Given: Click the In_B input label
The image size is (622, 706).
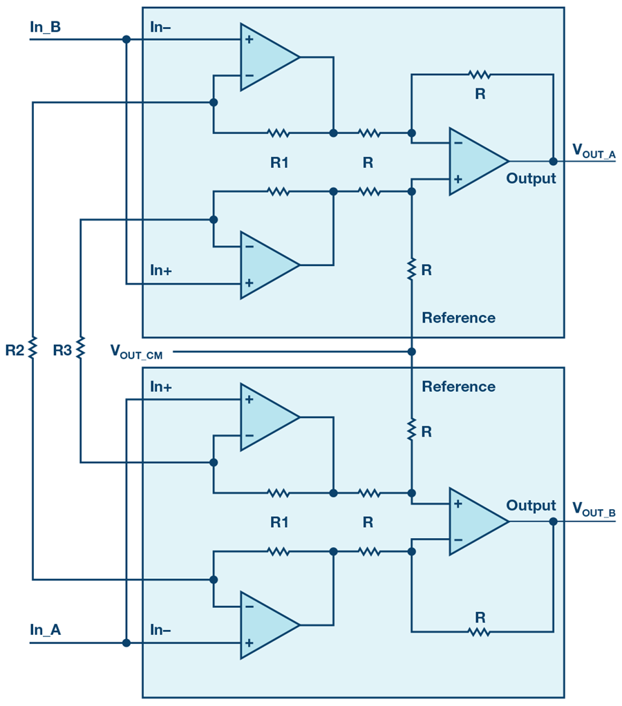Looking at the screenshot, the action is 45,27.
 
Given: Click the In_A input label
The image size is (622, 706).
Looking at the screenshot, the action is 45,629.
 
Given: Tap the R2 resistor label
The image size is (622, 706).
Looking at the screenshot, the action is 15,350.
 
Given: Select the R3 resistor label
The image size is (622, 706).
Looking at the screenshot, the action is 62,350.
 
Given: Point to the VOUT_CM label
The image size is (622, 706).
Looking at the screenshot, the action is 136,352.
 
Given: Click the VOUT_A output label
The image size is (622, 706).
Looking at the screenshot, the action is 594,151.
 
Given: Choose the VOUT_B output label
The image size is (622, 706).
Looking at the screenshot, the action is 594,509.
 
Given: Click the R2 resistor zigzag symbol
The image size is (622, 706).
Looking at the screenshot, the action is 32,348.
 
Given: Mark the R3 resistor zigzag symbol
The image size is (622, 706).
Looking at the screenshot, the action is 80,348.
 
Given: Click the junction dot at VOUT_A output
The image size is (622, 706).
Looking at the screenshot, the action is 553,161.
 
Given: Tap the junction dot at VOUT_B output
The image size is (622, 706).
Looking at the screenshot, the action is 553,522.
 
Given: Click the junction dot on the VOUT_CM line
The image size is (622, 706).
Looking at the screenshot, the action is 411,351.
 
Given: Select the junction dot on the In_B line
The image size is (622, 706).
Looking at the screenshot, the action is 126,39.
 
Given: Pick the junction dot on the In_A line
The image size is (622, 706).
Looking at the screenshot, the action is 126,642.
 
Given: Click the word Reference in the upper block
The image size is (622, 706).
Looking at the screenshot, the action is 458,318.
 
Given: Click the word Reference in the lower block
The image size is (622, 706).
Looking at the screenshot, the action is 458,386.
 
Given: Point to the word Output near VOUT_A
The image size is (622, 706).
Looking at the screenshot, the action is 531,179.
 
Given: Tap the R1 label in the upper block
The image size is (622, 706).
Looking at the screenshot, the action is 279,162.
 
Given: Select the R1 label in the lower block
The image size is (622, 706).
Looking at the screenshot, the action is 279,522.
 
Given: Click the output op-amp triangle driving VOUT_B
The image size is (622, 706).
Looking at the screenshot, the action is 475,522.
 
